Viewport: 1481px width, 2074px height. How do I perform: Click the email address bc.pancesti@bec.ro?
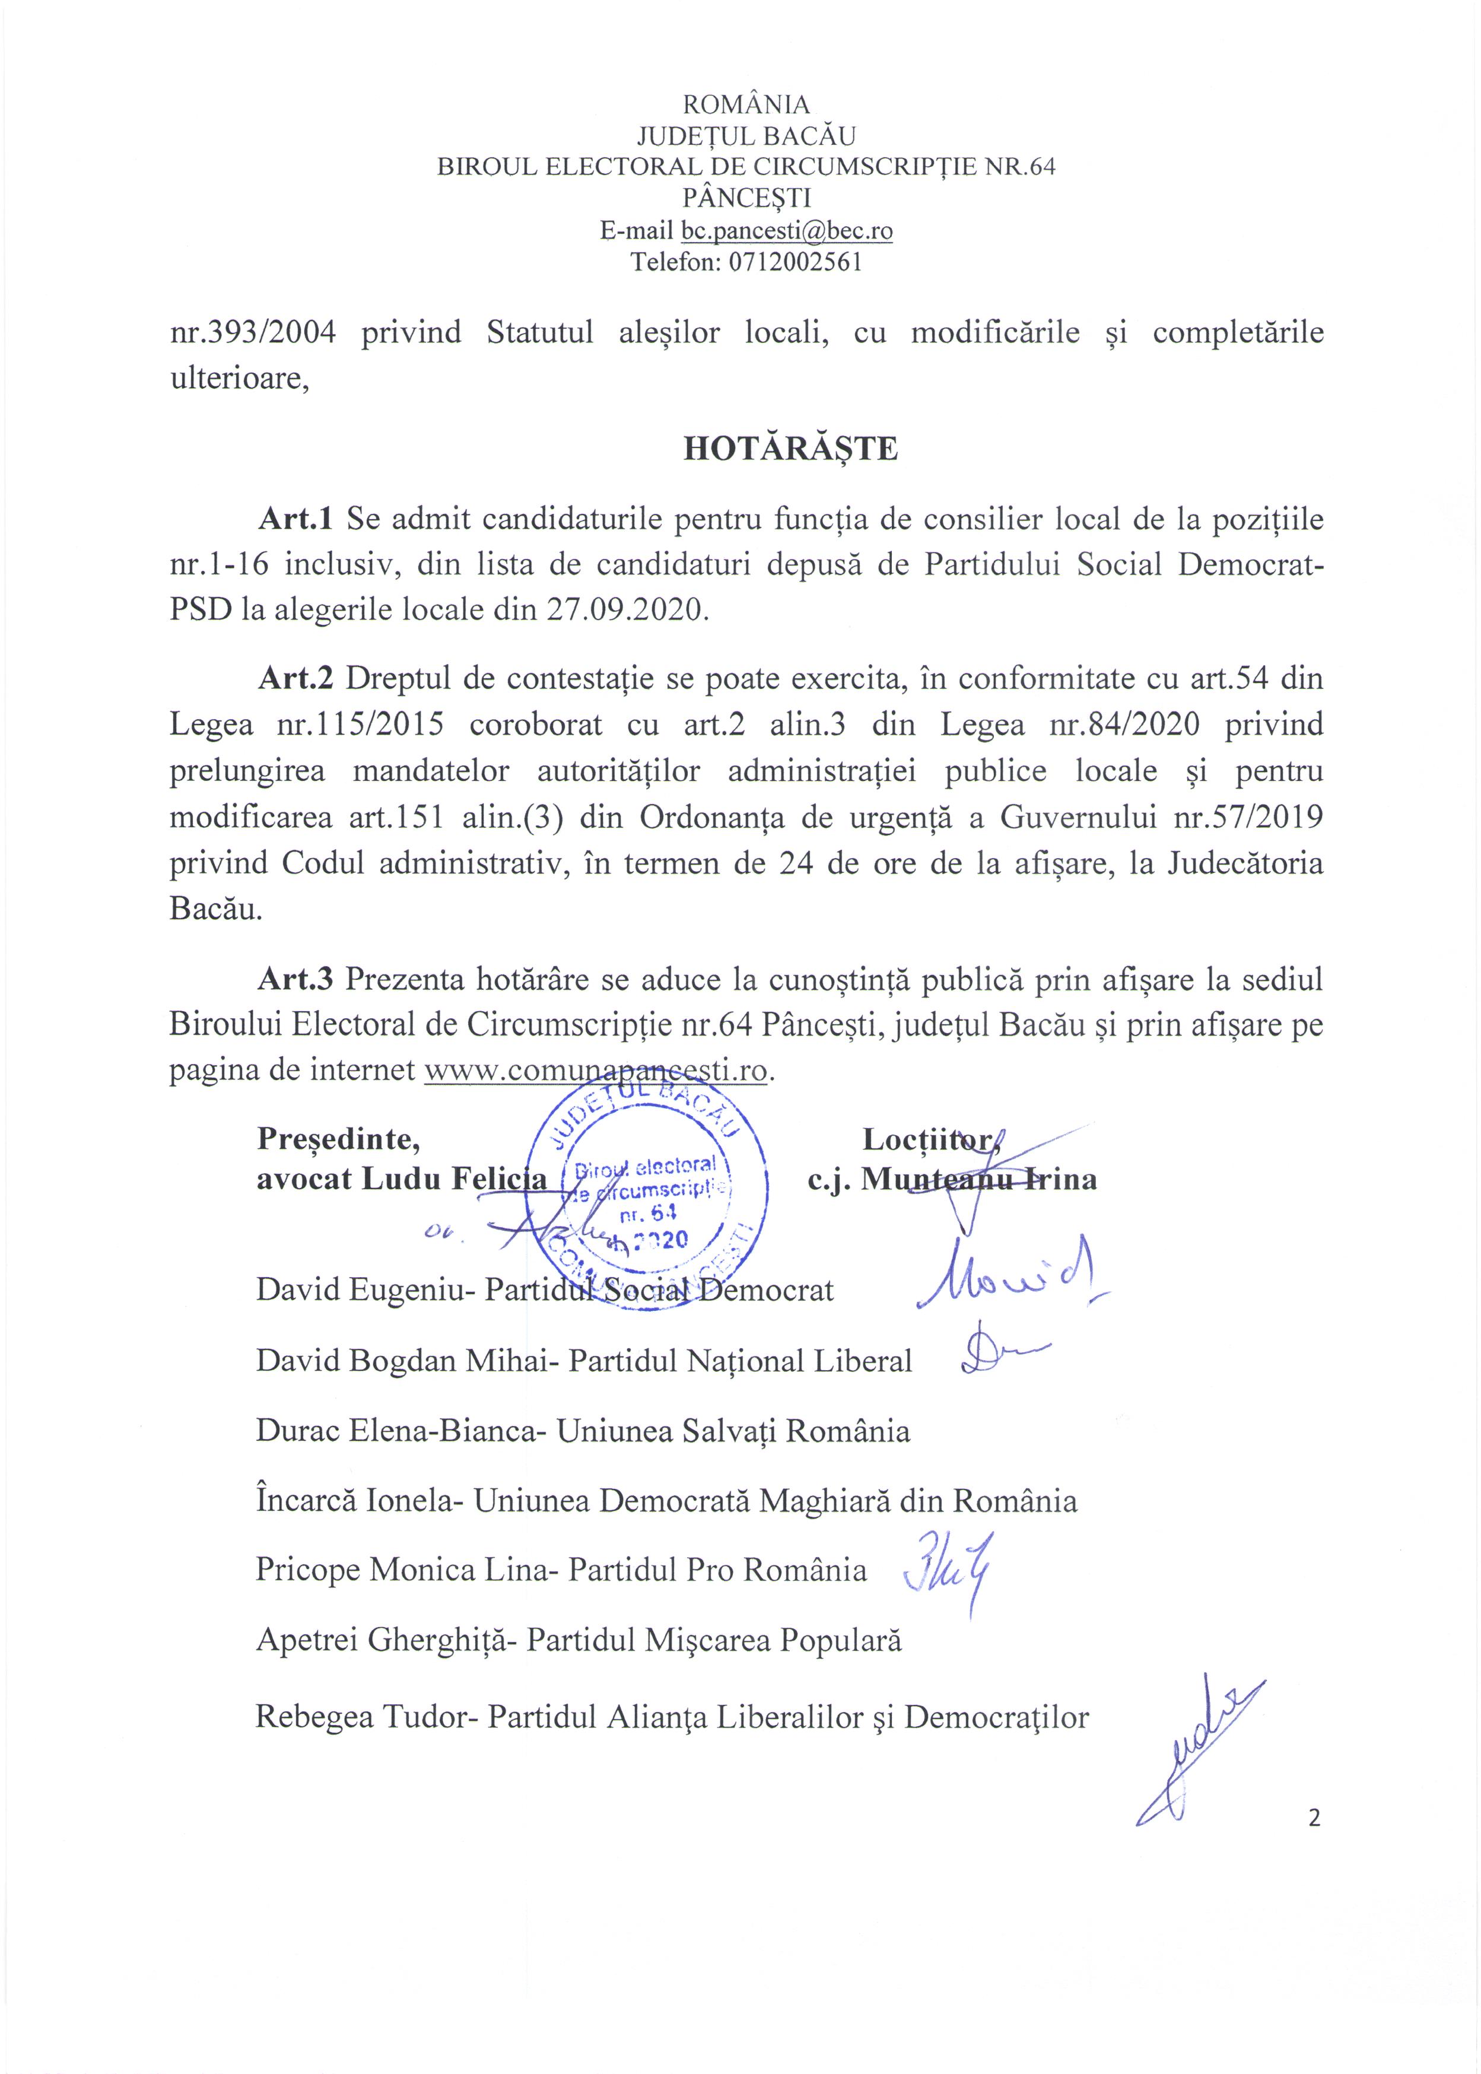(786, 231)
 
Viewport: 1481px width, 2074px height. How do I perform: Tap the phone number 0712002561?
(792, 263)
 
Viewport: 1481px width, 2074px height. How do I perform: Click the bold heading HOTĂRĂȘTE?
(791, 449)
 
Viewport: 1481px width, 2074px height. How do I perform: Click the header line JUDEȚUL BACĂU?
(746, 136)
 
